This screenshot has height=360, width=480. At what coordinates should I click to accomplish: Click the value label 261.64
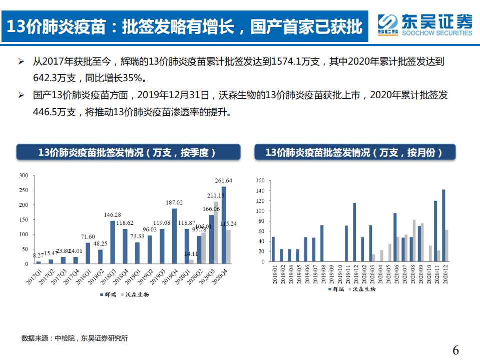pos(223,181)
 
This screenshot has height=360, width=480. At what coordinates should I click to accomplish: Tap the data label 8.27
pos(38,256)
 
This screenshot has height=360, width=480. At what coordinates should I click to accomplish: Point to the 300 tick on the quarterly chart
pos(23,175)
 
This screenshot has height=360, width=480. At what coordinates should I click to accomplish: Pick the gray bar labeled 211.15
pos(216,233)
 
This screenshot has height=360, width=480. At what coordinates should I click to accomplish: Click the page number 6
pos(455,349)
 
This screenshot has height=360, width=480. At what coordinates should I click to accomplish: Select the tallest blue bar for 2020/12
pos(443,225)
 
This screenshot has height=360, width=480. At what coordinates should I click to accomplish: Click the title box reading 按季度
pos(128,153)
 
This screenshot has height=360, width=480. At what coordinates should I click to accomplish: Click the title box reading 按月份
pos(355,153)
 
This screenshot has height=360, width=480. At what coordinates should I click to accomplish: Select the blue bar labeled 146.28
pos(113,242)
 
